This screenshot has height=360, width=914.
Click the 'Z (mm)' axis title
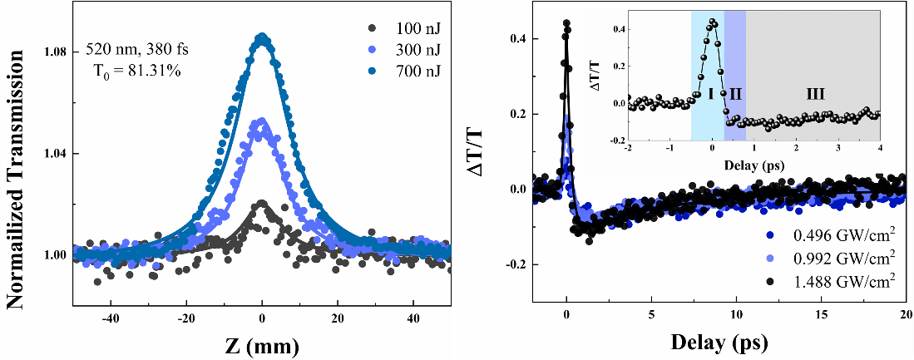click(263, 343)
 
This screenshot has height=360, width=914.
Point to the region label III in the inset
click(815, 95)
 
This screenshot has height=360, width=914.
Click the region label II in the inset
click(735, 95)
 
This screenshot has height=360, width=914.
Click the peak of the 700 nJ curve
click(262, 37)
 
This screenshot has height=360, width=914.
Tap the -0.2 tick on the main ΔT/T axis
click(514, 264)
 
